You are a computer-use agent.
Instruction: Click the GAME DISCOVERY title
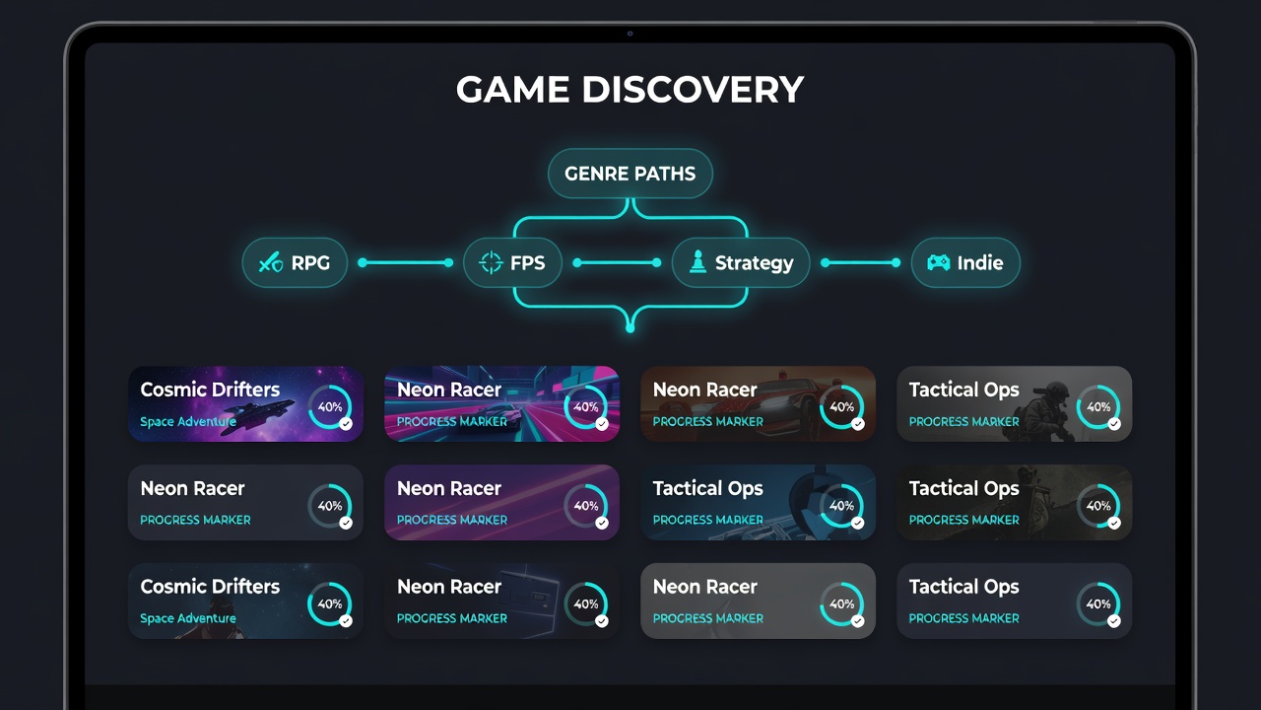(x=630, y=89)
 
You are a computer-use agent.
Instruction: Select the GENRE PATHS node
(x=630, y=173)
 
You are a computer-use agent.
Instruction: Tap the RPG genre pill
(x=295, y=262)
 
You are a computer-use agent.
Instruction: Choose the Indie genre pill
(x=965, y=262)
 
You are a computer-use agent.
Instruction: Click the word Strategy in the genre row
(x=754, y=263)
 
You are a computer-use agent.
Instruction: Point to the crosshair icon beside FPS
(x=491, y=262)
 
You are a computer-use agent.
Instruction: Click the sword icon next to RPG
(x=270, y=262)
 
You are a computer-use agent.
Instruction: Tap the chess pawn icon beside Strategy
(x=697, y=262)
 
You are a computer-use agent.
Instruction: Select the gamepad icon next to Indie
(x=939, y=262)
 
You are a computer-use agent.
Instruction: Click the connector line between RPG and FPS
(x=405, y=262)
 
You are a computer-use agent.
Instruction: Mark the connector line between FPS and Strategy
(x=617, y=262)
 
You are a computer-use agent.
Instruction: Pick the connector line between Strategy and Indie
(x=860, y=262)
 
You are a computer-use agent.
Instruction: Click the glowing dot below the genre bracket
(x=630, y=328)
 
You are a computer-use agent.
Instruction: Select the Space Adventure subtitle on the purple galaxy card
(x=188, y=421)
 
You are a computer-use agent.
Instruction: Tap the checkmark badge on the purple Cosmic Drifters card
(x=346, y=424)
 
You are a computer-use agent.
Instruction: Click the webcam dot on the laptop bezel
(x=630, y=34)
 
